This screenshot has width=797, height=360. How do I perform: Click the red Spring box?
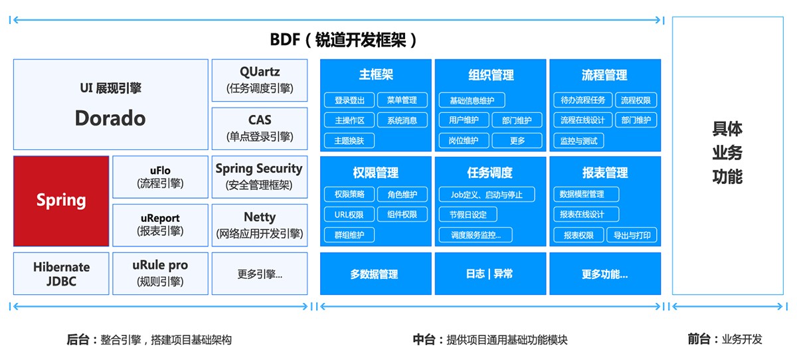point(61,201)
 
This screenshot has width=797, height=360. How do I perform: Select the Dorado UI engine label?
point(110,118)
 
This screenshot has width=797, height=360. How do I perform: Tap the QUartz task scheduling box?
point(260,80)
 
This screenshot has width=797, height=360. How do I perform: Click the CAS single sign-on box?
point(260,128)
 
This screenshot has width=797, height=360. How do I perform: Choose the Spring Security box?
point(259,177)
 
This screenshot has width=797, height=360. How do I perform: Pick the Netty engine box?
point(260,225)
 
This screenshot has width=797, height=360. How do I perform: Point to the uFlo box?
point(160,177)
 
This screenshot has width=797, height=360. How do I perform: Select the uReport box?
point(160,225)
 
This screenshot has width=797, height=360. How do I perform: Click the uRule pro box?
point(160,273)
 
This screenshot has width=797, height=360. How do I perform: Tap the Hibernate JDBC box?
point(61,274)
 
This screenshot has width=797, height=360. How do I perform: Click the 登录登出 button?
point(349,100)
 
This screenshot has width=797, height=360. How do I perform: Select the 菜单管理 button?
point(402,100)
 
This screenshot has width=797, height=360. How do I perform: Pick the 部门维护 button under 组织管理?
point(517,120)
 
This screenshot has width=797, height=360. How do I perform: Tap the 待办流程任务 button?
point(582,100)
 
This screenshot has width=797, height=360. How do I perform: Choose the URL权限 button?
point(349,215)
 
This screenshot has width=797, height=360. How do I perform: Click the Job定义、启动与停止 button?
point(486,195)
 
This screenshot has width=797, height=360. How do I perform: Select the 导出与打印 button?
point(632,234)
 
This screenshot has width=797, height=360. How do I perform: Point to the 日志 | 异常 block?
point(490,274)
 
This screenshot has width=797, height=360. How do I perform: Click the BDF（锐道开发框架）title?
point(343,39)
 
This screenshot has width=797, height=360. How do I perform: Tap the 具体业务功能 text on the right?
point(727,153)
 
